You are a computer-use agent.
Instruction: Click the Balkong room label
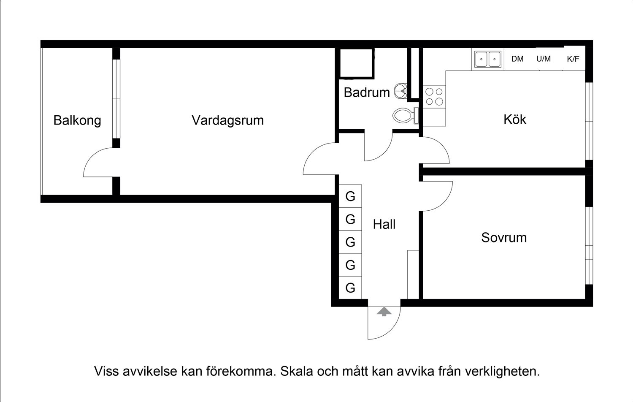tap(77, 120)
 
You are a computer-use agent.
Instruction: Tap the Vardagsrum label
tap(227, 120)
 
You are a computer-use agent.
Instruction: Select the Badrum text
tap(366, 92)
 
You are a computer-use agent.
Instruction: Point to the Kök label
tap(514, 120)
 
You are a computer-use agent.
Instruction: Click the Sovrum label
tap(504, 238)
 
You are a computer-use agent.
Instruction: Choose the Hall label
tap(384, 224)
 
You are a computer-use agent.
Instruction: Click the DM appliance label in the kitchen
tap(517, 59)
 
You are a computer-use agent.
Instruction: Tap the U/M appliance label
tap(544, 59)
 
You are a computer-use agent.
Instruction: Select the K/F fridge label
tap(573, 59)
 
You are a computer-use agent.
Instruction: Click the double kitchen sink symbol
tap(488, 59)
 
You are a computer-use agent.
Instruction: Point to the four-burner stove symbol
tap(434, 96)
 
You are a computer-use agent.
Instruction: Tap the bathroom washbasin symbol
tap(401, 90)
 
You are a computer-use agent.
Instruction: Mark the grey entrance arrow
tap(384, 312)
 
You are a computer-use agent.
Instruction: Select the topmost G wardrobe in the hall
tap(350, 196)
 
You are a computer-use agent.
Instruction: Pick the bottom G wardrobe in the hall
tap(350, 288)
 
